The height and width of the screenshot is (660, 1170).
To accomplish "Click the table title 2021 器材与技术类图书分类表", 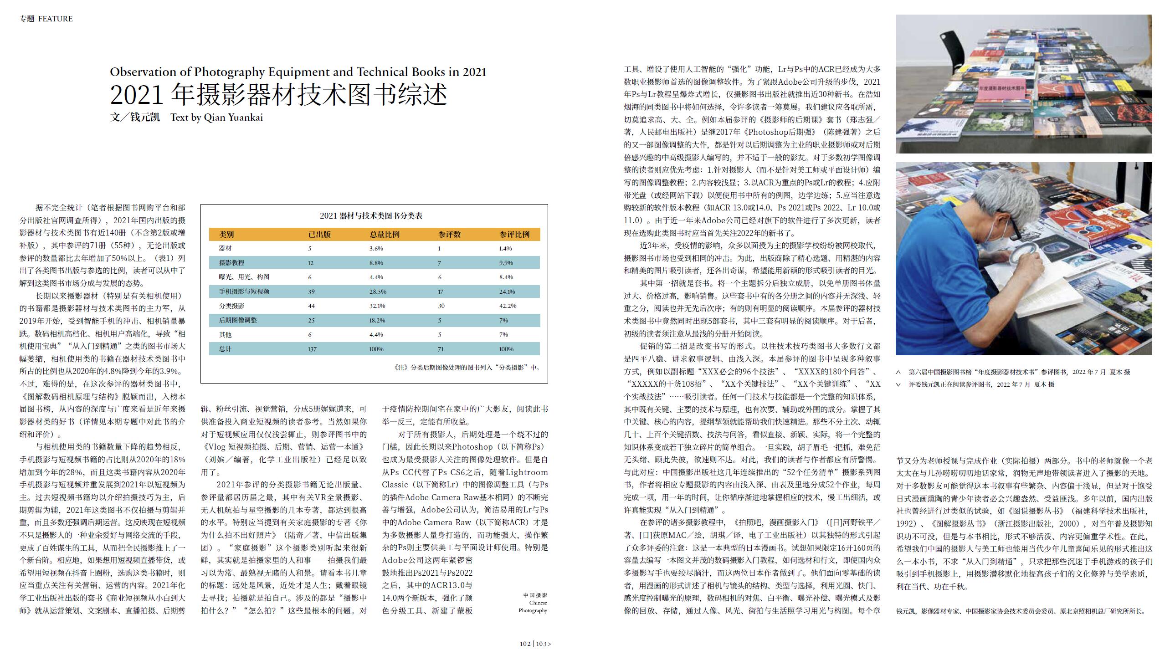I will (371, 216).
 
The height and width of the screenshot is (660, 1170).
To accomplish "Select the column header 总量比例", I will (385, 235).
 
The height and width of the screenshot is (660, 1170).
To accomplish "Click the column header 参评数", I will (449, 235).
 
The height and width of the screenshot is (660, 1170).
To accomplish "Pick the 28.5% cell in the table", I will (378, 292).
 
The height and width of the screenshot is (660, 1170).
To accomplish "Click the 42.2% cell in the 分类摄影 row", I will (508, 306).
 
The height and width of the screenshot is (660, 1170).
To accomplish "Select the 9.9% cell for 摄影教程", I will (506, 263).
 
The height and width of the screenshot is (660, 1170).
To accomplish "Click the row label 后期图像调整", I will (238, 320).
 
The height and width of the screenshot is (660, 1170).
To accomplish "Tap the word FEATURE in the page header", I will (56, 19).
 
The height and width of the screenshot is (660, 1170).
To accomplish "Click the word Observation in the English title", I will (143, 72).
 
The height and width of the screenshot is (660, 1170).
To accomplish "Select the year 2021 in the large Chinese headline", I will (137, 95).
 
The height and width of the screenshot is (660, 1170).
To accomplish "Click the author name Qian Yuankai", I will (233, 118).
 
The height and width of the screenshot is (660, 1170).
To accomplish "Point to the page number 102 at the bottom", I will (525, 644).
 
